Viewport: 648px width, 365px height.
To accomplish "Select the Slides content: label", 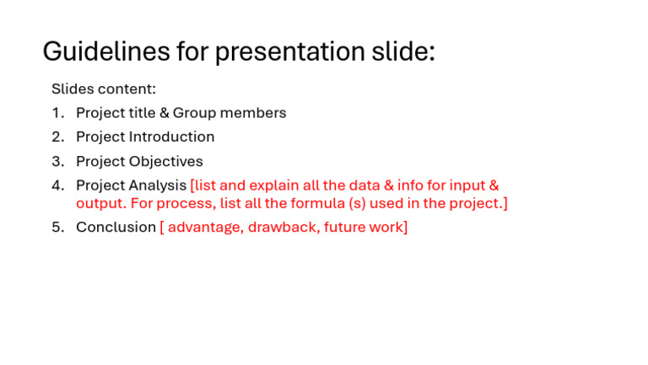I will pos(104,89).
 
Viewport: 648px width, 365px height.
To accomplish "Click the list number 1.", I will pos(57,113).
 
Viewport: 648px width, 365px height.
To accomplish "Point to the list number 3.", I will pos(57,161).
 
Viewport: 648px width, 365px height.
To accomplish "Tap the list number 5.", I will pos(57,228).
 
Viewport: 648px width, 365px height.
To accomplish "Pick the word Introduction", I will pos(171,137).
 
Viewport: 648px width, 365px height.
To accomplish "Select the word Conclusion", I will pos(116,228).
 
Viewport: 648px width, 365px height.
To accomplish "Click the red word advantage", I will pos(204,228).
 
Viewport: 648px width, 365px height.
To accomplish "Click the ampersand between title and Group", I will pos(164,113).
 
